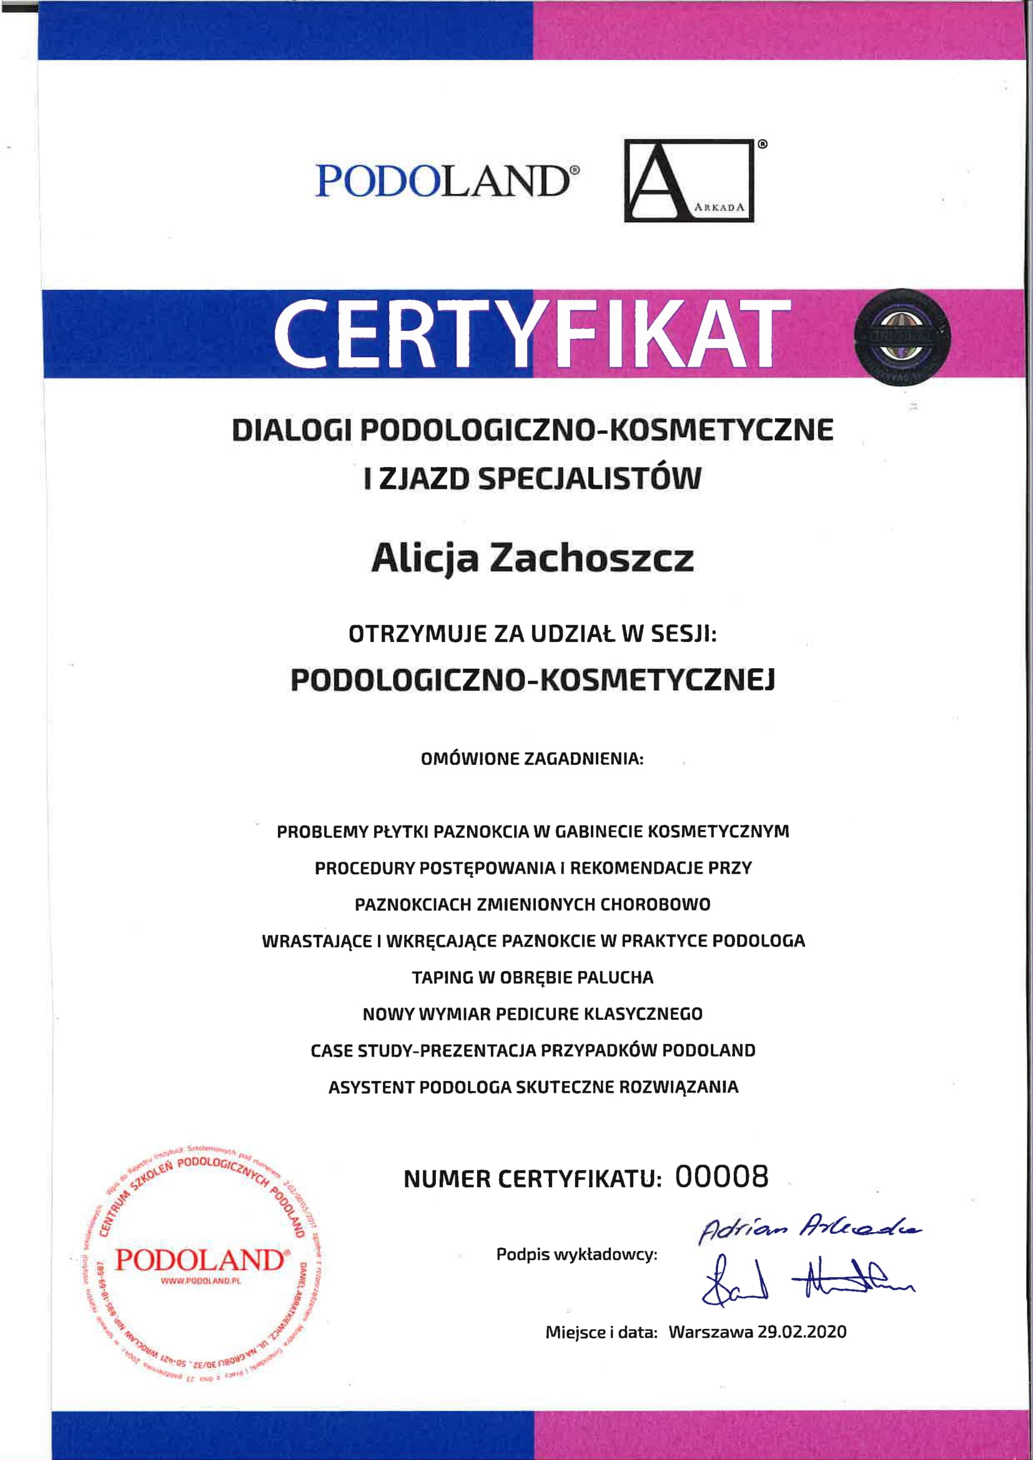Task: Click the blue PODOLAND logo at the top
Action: point(447,181)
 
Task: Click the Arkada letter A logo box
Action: point(688,180)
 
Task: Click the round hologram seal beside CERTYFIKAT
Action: point(901,337)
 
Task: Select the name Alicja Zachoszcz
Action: point(531,559)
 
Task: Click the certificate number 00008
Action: point(721,1176)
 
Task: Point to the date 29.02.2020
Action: point(802,1332)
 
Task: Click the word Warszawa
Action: point(710,1332)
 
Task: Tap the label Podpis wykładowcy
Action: point(576,1255)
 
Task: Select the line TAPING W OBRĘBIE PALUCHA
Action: point(532,977)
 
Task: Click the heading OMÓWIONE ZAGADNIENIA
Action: point(531,759)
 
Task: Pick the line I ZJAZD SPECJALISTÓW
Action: point(531,479)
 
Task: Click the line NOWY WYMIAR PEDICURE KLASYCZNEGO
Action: point(532,1014)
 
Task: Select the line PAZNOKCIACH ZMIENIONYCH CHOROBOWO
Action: point(532,904)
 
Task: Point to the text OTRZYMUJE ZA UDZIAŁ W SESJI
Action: point(532,634)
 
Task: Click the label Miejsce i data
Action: point(601,1333)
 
